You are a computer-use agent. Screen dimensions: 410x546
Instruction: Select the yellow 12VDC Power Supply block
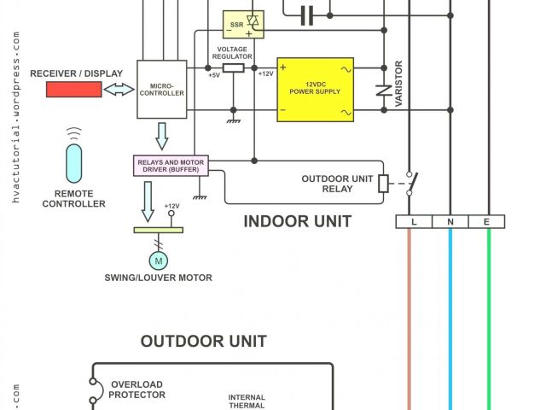(316, 90)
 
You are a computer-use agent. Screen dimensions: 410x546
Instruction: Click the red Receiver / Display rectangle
(73, 89)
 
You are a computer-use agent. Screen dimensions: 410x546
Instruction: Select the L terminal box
(414, 222)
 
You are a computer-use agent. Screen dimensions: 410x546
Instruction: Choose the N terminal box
(450, 222)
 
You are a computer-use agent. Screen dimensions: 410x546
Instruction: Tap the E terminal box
(487, 222)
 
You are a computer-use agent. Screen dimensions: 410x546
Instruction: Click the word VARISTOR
(398, 84)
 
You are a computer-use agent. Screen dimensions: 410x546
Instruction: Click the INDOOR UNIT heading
(297, 222)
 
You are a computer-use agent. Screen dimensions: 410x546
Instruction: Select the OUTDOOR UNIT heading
(203, 342)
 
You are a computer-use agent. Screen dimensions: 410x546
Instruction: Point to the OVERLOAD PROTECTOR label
(136, 390)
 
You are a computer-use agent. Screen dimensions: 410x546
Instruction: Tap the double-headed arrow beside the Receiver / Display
(119, 89)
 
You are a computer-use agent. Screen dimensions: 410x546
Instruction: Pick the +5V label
(214, 75)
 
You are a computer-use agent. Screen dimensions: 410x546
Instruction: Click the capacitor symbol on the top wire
(308, 13)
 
